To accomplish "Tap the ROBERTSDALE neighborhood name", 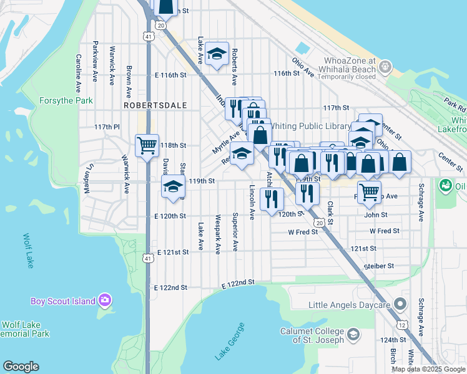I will pyautogui.click(x=155, y=106).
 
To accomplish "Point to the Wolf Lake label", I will pyautogui.click(x=29, y=251).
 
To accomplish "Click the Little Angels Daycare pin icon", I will pyautogui.click(x=400, y=305).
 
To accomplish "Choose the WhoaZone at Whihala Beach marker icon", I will pyautogui.click(x=385, y=65).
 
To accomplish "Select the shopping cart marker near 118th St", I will pyautogui.click(x=147, y=146).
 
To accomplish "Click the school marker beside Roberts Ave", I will pyautogui.click(x=217, y=54).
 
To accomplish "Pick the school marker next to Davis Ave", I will pyautogui.click(x=174, y=186).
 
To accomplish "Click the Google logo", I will pyautogui.click(x=21, y=367).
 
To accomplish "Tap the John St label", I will pyautogui.click(x=376, y=214).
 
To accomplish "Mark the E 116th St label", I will pyautogui.click(x=170, y=75).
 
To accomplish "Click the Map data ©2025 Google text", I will pyautogui.click(x=428, y=369).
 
